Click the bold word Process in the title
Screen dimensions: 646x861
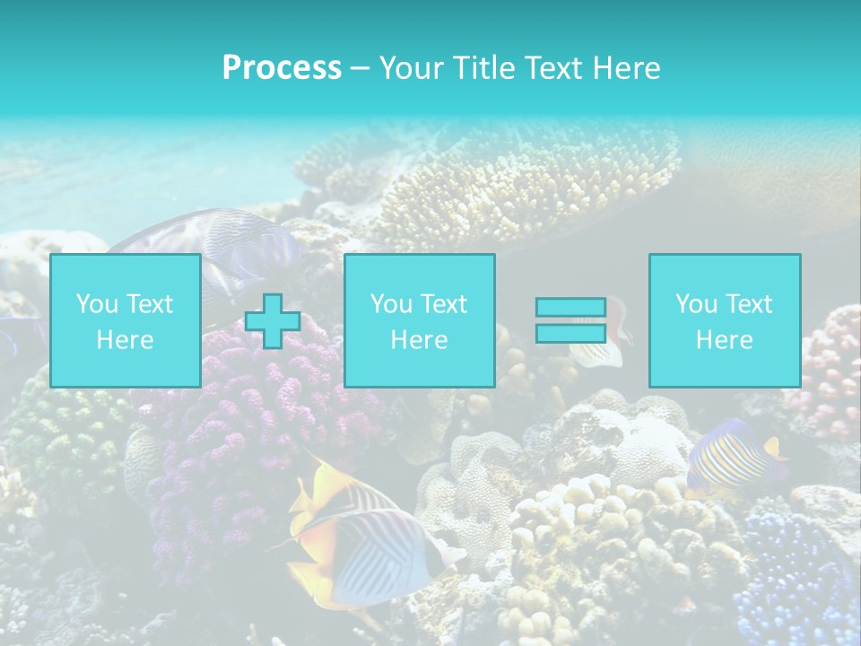tap(282, 68)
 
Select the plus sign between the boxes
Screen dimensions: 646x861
tap(272, 321)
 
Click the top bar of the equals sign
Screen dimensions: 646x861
tap(570, 308)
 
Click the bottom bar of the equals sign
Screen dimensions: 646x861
tap(570, 333)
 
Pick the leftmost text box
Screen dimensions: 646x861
tap(126, 320)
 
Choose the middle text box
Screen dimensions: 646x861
tap(419, 320)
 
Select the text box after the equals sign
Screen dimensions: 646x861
tap(724, 320)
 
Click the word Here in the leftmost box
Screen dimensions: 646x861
tap(125, 339)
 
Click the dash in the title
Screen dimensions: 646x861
tap(361, 68)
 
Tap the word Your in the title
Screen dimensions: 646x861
tap(413, 68)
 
